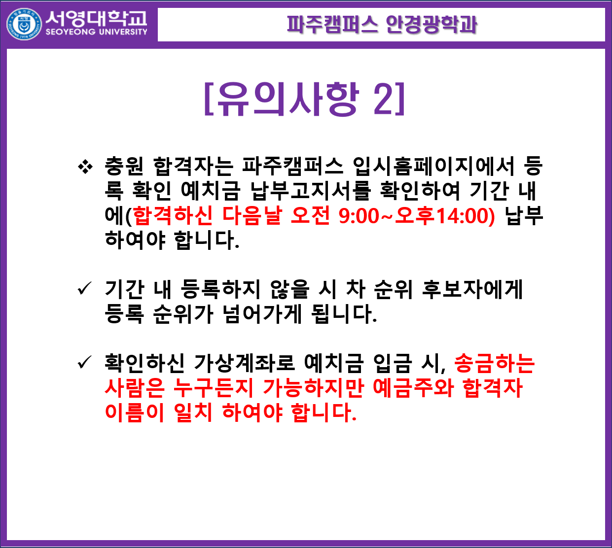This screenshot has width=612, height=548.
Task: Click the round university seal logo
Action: [x=24, y=25]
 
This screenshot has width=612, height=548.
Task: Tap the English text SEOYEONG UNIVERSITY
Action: [x=97, y=32]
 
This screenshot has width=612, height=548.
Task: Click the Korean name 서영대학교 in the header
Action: [x=96, y=18]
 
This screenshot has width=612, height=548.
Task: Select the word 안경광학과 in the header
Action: [x=432, y=24]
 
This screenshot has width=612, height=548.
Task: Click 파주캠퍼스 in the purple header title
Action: [x=332, y=24]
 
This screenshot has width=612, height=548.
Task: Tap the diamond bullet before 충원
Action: [x=85, y=167]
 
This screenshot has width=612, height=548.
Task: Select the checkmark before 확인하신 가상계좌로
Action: [x=85, y=362]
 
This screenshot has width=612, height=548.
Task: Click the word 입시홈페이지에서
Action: [x=433, y=167]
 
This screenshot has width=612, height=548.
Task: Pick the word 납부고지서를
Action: [x=311, y=191]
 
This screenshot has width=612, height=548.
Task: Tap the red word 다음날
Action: [x=252, y=215]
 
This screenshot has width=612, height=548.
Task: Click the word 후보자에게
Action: [x=472, y=289]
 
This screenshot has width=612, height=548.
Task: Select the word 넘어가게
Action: [x=262, y=314]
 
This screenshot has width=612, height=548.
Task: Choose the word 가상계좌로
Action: [x=244, y=363]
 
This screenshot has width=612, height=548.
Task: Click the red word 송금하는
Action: [x=494, y=363]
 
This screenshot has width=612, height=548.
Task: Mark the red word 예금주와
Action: [x=413, y=387]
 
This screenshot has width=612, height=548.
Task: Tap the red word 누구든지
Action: [x=213, y=387]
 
